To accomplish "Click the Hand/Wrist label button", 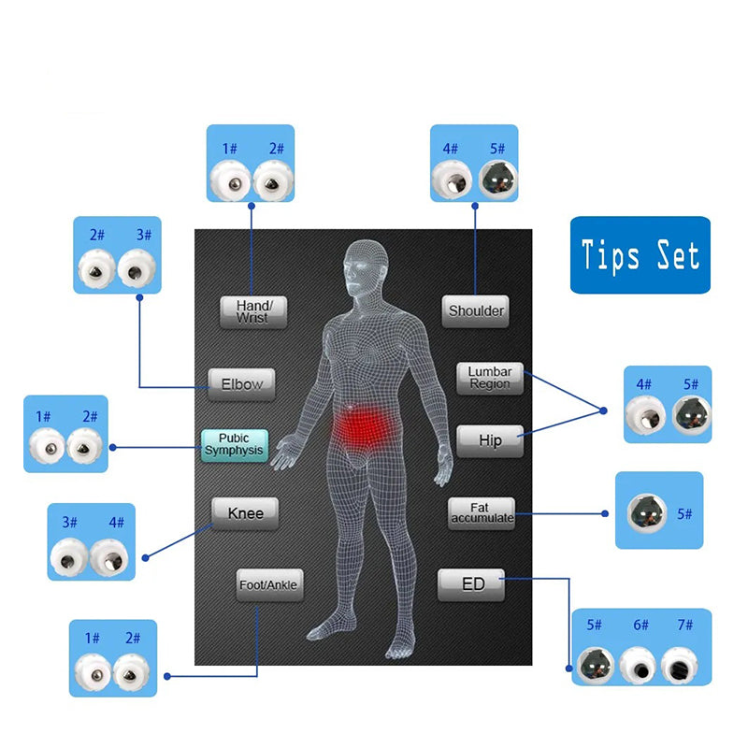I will coord(252,311).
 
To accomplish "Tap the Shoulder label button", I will coord(476,310).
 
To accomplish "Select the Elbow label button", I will coord(241,383).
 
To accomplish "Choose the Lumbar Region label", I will coord(490,378).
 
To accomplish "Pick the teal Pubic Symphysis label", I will coord(234,445).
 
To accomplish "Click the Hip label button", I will coord(490,441).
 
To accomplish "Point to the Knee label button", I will coord(245,513).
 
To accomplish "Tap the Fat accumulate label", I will coord(481,513).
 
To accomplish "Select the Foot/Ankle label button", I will coord(268,585).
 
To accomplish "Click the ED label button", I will coord(473,584).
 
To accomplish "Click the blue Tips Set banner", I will coord(640,255).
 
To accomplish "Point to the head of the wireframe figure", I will coord(365,266).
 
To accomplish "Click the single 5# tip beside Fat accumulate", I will coord(645,514).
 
